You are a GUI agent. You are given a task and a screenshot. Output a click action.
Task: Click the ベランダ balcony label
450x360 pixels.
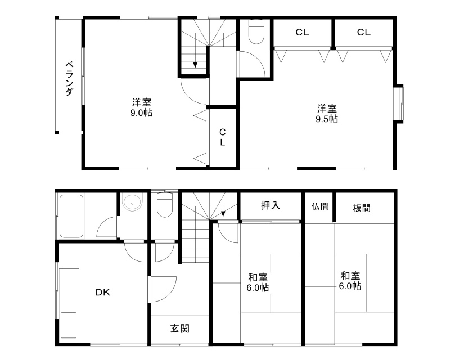point(69,78)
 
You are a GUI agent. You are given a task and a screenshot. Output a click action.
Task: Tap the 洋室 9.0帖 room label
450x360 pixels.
point(142,107)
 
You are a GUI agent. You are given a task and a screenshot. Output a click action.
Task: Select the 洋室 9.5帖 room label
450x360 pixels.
point(327,114)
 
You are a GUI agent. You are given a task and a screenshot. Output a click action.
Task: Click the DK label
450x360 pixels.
point(103,292)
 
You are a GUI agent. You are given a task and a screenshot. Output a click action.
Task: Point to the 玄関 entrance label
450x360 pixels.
point(180,328)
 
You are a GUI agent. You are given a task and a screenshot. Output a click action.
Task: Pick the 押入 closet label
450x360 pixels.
point(271,205)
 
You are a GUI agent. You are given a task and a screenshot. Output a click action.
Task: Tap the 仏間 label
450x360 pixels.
point(320,206)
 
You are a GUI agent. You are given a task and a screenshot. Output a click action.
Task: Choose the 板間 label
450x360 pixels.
point(362,208)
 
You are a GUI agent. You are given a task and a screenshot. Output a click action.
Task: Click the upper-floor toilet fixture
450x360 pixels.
point(256,31)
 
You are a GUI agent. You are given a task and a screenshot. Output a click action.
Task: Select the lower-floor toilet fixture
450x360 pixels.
point(165,205)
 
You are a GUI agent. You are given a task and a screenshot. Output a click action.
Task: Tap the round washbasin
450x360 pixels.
point(132,202)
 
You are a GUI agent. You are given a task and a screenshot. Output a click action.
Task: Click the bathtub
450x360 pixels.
point(71,217)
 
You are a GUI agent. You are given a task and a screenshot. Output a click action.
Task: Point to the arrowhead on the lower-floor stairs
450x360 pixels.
point(223,214)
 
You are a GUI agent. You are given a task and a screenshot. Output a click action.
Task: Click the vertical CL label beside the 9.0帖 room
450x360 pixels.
point(222,137)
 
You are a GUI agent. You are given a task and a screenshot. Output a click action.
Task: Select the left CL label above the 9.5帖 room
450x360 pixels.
point(302,33)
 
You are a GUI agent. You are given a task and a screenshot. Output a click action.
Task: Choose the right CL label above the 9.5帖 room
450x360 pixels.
point(363,33)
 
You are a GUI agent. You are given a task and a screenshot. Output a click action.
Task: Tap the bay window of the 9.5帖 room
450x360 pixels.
point(398,103)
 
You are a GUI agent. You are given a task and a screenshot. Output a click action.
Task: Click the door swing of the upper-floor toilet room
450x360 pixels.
point(252,64)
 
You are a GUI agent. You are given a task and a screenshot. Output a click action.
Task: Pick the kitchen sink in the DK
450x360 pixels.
point(69,325)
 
